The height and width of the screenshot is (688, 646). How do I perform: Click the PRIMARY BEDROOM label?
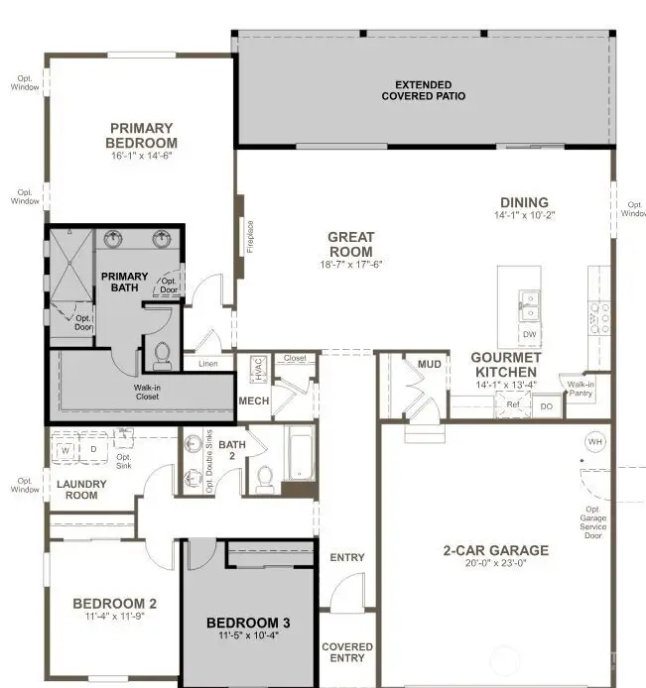[141, 135]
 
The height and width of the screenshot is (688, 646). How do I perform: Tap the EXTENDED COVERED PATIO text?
[424, 90]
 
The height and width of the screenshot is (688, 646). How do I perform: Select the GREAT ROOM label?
[351, 244]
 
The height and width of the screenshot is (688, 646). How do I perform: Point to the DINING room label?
[524, 200]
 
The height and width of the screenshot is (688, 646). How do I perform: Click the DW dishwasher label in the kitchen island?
[530, 334]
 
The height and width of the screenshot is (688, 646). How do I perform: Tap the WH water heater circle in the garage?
[595, 441]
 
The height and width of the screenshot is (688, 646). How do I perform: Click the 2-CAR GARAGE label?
[496, 550]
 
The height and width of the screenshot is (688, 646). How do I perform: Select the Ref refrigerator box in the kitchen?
[513, 404]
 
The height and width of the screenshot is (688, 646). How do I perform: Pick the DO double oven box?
[546, 405]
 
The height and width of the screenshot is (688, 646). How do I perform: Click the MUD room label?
[429, 365]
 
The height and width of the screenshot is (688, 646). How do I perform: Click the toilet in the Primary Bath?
[162, 353]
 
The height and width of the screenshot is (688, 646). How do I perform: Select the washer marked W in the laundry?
[66, 449]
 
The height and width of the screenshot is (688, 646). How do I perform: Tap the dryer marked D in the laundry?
[95, 449]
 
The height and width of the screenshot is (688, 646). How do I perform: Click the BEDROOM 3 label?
[248, 623]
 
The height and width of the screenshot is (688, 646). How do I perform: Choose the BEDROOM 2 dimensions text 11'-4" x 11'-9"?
[114, 616]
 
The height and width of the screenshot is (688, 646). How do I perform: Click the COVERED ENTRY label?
[347, 652]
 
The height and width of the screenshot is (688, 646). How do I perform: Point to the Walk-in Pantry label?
[580, 388]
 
